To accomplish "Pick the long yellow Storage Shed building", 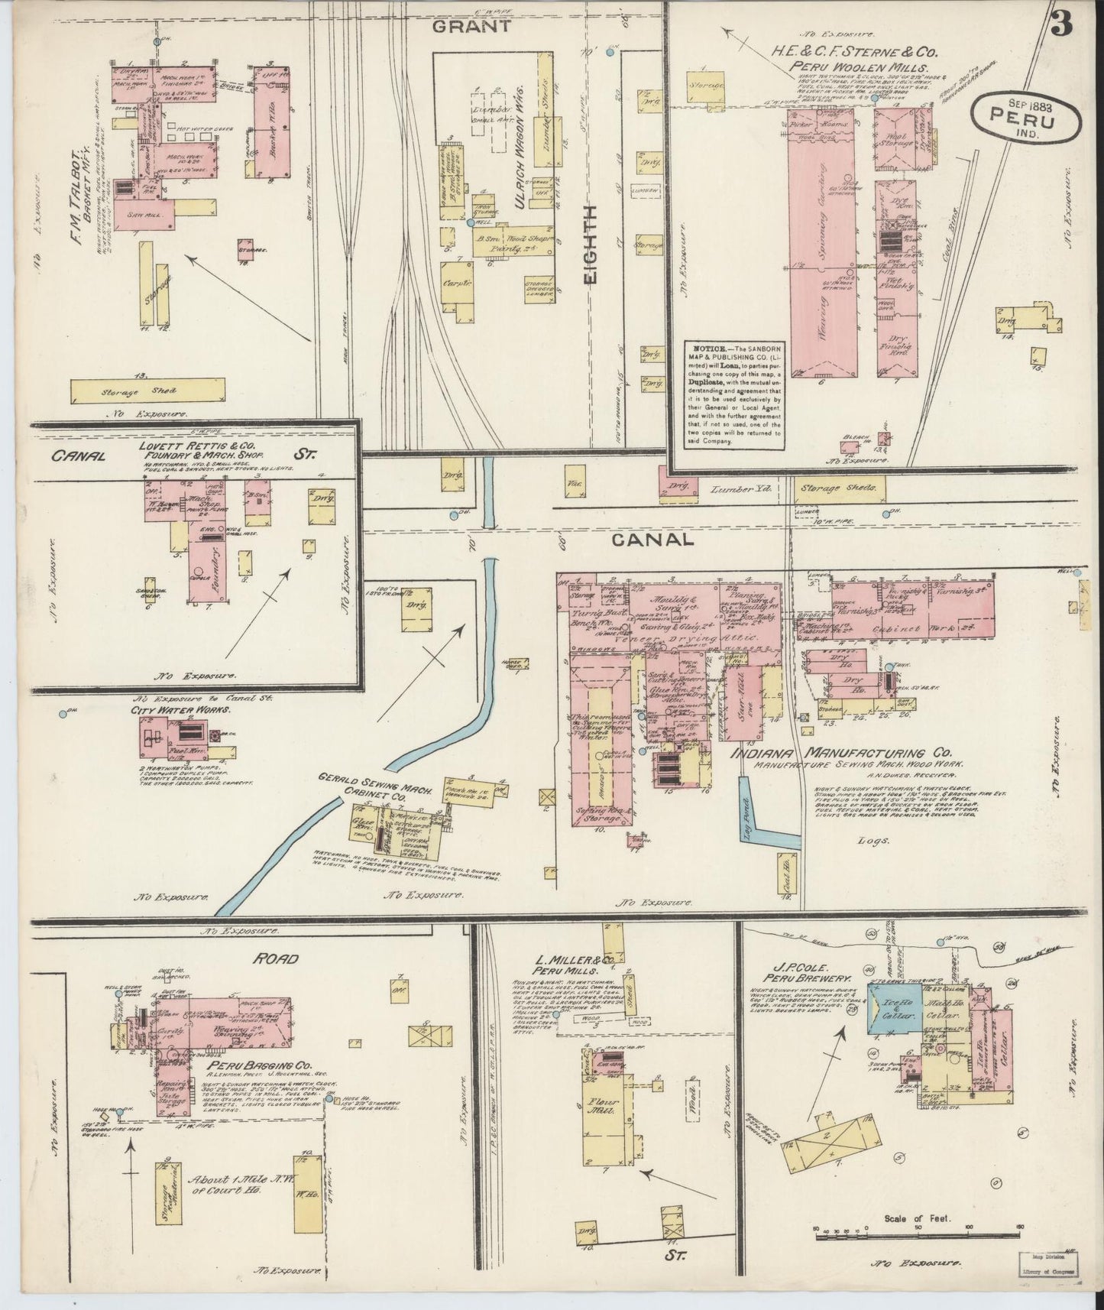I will [x=148, y=392].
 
